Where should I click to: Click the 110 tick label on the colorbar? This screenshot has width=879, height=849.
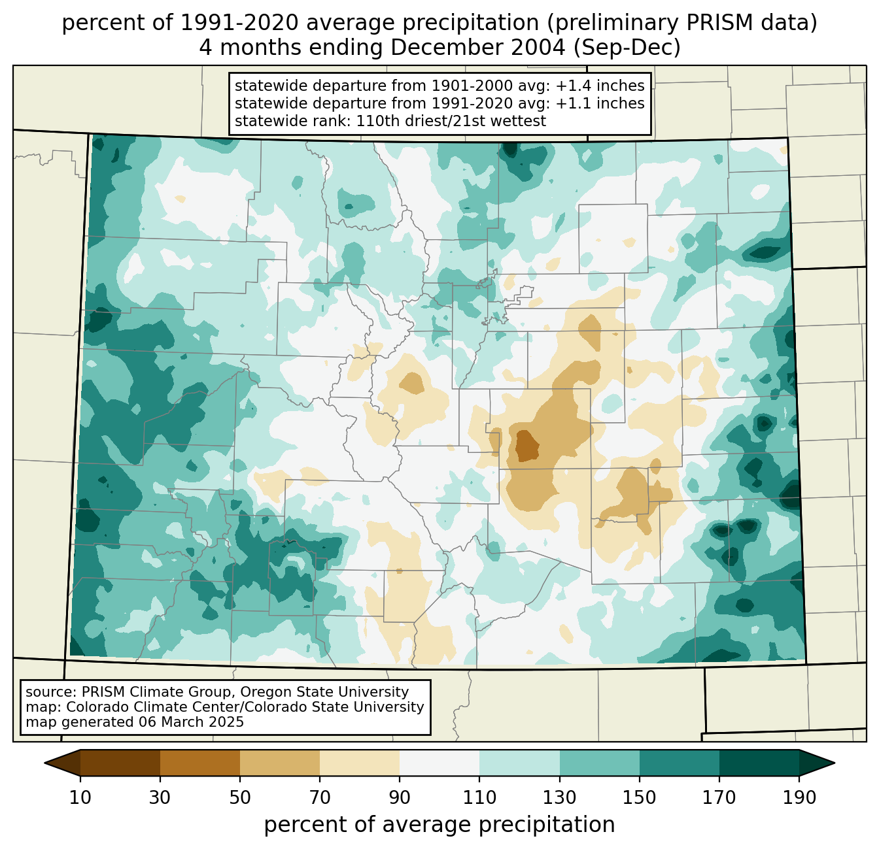pos(480,797)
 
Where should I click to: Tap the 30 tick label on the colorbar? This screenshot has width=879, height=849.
pos(160,797)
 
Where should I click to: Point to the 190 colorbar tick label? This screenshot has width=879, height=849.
pos(799,797)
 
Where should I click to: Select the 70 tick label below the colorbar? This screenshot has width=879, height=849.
pos(320,797)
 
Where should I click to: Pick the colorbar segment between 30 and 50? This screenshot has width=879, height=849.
pos(200,763)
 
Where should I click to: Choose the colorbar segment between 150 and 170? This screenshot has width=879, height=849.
pos(680,763)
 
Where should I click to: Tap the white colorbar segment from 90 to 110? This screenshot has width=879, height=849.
pos(439,763)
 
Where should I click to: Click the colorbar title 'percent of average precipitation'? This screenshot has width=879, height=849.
pos(439,825)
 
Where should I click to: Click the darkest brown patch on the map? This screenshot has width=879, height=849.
pos(526,446)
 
